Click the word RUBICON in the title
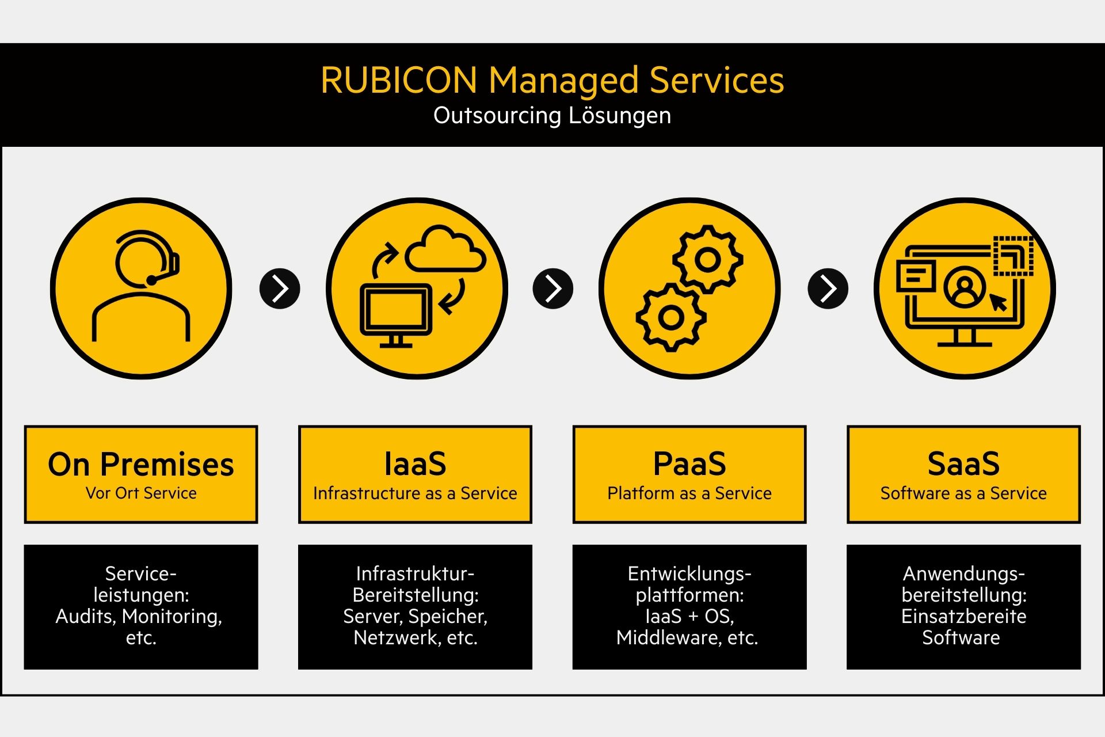[399, 80]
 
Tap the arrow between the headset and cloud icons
[280, 288]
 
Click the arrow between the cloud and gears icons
[553, 288]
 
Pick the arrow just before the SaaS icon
[828, 288]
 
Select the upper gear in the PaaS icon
[708, 260]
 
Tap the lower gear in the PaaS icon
[671, 317]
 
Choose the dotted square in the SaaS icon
[1013, 256]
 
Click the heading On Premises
[141, 464]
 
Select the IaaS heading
[415, 464]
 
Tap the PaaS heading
[689, 464]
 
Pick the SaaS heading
[963, 464]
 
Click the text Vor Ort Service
[141, 493]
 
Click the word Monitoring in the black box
[172, 617]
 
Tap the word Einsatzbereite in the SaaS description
[964, 617]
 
